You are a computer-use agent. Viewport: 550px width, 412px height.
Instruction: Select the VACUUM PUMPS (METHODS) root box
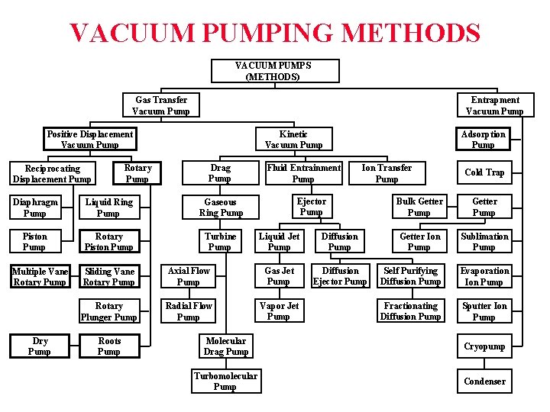[x=273, y=71]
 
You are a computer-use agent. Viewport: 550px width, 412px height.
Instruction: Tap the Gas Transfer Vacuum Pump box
[x=161, y=105]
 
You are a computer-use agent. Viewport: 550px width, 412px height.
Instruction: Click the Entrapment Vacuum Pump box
[x=495, y=105]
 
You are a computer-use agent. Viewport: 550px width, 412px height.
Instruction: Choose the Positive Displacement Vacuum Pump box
[x=89, y=140]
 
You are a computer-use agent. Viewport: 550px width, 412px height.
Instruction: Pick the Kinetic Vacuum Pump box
[x=293, y=140]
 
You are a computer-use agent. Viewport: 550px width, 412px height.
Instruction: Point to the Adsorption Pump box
[x=483, y=140]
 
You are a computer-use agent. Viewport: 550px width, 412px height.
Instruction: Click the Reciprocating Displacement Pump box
[x=52, y=173]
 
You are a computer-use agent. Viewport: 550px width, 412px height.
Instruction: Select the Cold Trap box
[x=484, y=172]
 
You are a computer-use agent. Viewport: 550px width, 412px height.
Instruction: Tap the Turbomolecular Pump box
[x=225, y=381]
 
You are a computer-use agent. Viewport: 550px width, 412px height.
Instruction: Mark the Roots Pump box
[x=108, y=346]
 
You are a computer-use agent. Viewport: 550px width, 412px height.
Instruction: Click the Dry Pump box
[x=39, y=346]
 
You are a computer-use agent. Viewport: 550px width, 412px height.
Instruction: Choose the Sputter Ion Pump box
[x=484, y=311]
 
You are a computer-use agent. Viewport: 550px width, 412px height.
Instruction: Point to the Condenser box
[x=484, y=381]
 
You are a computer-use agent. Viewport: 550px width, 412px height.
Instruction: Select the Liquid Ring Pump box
[x=108, y=208]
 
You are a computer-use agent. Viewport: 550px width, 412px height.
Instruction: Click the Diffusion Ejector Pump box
[x=340, y=276]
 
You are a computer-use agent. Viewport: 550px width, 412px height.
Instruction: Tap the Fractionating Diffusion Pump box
[x=410, y=311]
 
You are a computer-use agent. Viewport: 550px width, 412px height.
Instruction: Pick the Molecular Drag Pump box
[x=225, y=346]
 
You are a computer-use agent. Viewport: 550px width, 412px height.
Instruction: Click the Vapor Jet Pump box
[x=279, y=311]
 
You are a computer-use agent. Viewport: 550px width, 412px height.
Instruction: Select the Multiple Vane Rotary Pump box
[x=40, y=277]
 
